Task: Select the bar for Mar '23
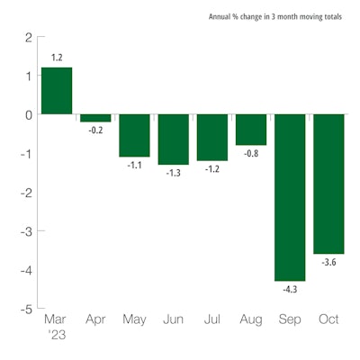coord(57,91)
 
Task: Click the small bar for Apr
coord(95,118)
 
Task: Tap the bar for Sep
coord(291,197)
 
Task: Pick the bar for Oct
coord(329,184)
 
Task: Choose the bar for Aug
coord(251,130)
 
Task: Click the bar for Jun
coord(174,139)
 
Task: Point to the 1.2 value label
coord(57,58)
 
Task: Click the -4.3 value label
coord(290,290)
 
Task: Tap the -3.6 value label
coord(329,263)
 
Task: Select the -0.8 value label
coord(251,154)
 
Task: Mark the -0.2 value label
coord(95,130)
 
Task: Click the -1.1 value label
coord(134,166)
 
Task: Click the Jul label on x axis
coord(212,320)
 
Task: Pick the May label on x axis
coord(134,320)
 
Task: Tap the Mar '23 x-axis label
coord(56,327)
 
